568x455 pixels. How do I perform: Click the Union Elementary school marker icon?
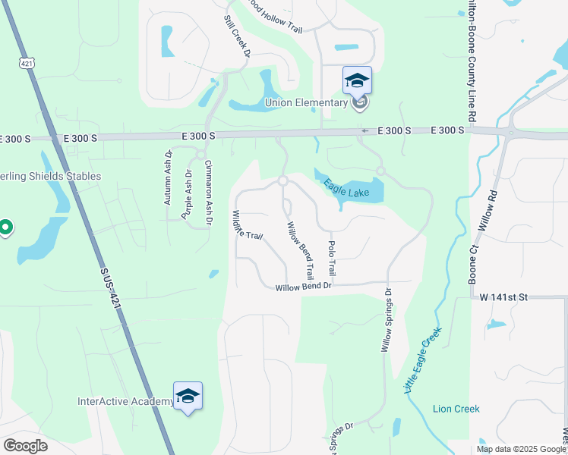click(x=357, y=80)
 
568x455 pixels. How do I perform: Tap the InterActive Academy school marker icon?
click(x=188, y=396)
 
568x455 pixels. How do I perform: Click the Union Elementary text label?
click(x=306, y=103)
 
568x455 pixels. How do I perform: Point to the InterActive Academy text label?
click(x=125, y=401)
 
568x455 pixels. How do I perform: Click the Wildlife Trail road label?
click(x=248, y=226)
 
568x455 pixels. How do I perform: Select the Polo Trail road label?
click(x=331, y=259)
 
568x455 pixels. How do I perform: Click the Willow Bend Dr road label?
click(x=304, y=287)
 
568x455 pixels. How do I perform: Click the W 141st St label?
click(x=503, y=297)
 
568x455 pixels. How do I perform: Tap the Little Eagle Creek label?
click(x=422, y=360)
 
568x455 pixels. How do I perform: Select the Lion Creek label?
click(x=456, y=409)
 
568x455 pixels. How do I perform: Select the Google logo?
click(x=25, y=446)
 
